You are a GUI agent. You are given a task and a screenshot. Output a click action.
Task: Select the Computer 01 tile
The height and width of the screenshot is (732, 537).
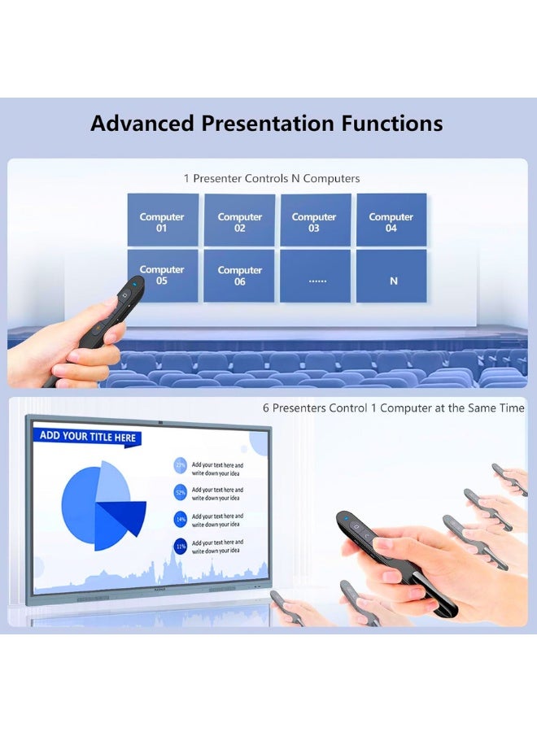(x=162, y=220)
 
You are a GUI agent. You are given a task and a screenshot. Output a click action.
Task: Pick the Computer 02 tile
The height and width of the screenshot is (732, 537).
(x=239, y=220)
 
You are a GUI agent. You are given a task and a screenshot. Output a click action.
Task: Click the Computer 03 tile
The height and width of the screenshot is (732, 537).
(x=315, y=220)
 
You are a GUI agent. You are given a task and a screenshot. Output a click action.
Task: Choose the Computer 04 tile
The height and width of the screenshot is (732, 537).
(x=391, y=220)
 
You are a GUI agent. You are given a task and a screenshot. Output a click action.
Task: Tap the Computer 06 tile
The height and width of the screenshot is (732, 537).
(x=239, y=276)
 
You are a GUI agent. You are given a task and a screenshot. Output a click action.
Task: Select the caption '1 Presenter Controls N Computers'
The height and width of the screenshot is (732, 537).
(x=271, y=178)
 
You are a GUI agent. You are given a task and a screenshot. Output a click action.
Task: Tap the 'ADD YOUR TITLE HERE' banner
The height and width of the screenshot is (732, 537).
(x=88, y=437)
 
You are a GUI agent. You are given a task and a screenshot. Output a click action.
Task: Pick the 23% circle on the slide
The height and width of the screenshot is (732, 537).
(x=181, y=466)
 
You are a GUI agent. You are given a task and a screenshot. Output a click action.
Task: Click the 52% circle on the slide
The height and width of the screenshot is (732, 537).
(x=181, y=492)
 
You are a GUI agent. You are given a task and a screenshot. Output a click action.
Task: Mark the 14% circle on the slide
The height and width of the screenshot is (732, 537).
(x=181, y=518)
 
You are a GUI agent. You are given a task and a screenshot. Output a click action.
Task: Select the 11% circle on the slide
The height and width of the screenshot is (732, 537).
(x=181, y=545)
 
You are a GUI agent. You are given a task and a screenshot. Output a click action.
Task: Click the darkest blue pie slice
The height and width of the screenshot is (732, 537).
(x=122, y=517)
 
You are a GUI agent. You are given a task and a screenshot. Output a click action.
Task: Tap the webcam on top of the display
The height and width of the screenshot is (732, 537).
(x=161, y=421)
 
